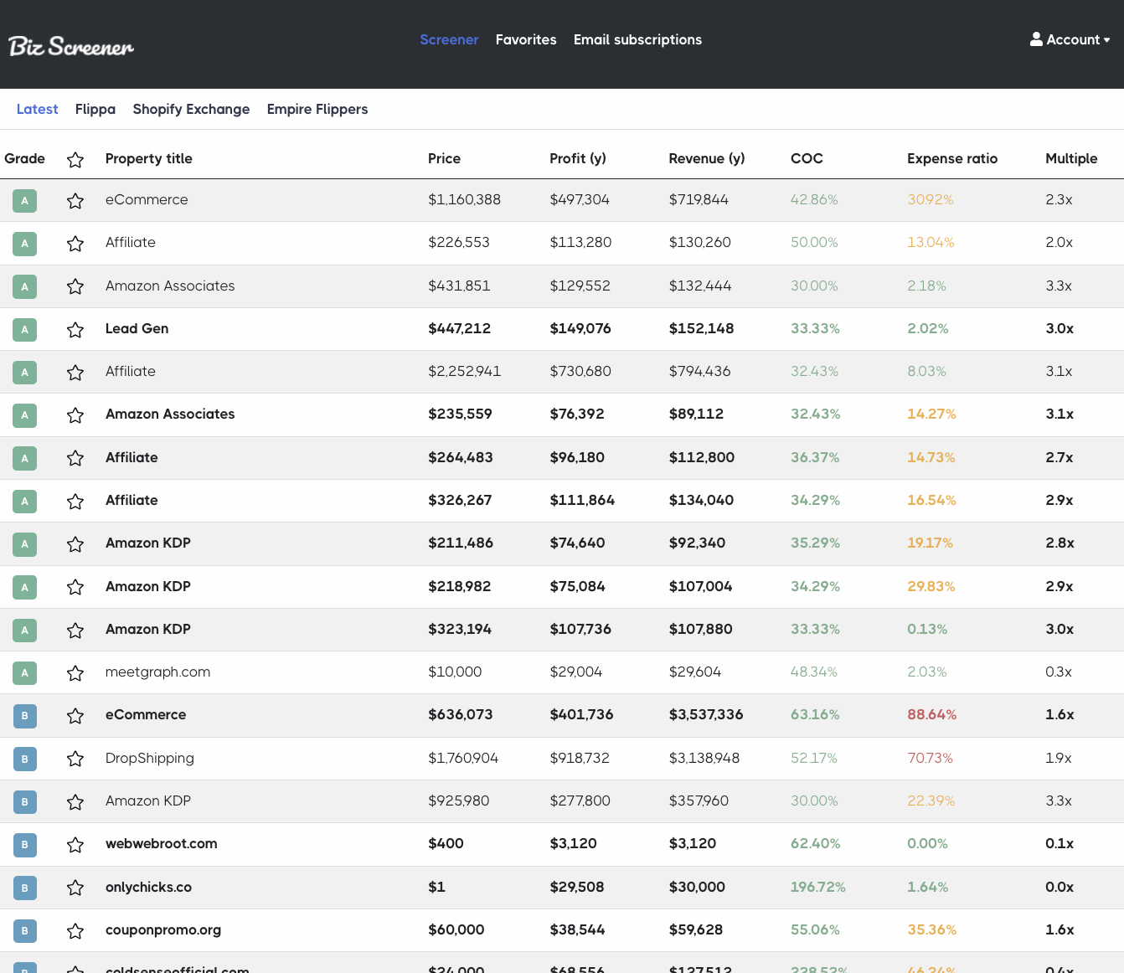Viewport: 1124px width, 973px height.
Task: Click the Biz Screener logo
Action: pyautogui.click(x=70, y=46)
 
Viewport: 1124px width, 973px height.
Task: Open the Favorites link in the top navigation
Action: pyautogui.click(x=526, y=39)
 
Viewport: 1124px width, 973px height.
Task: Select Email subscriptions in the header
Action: pyautogui.click(x=637, y=39)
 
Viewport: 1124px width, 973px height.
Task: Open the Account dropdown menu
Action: pyautogui.click(x=1070, y=39)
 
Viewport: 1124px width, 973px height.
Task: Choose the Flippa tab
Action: pyautogui.click(x=95, y=109)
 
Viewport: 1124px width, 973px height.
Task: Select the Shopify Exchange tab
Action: pyautogui.click(x=191, y=109)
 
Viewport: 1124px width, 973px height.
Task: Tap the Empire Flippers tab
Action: pyautogui.click(x=317, y=109)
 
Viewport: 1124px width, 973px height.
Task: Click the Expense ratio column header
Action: pyautogui.click(x=952, y=159)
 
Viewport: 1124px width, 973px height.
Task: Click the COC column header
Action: pyautogui.click(x=807, y=159)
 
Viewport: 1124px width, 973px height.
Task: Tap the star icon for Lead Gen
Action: pyautogui.click(x=75, y=329)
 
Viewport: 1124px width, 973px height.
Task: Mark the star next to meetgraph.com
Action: pyautogui.click(x=75, y=673)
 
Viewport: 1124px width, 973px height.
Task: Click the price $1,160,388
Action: pyautogui.click(x=464, y=199)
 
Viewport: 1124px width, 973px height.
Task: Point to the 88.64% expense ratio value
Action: pyautogui.click(x=931, y=714)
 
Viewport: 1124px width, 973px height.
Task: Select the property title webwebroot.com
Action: pyautogui.click(x=161, y=843)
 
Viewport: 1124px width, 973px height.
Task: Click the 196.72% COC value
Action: pyautogui.click(x=817, y=887)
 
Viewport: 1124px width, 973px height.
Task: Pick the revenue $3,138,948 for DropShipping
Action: pyautogui.click(x=704, y=758)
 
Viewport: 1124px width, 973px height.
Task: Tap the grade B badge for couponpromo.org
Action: pyautogui.click(x=24, y=930)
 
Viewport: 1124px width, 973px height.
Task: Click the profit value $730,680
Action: pyautogui.click(x=580, y=371)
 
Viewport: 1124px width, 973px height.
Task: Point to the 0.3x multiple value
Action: pyautogui.click(x=1058, y=672)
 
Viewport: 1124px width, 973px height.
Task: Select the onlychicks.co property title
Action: pyautogui.click(x=148, y=887)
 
